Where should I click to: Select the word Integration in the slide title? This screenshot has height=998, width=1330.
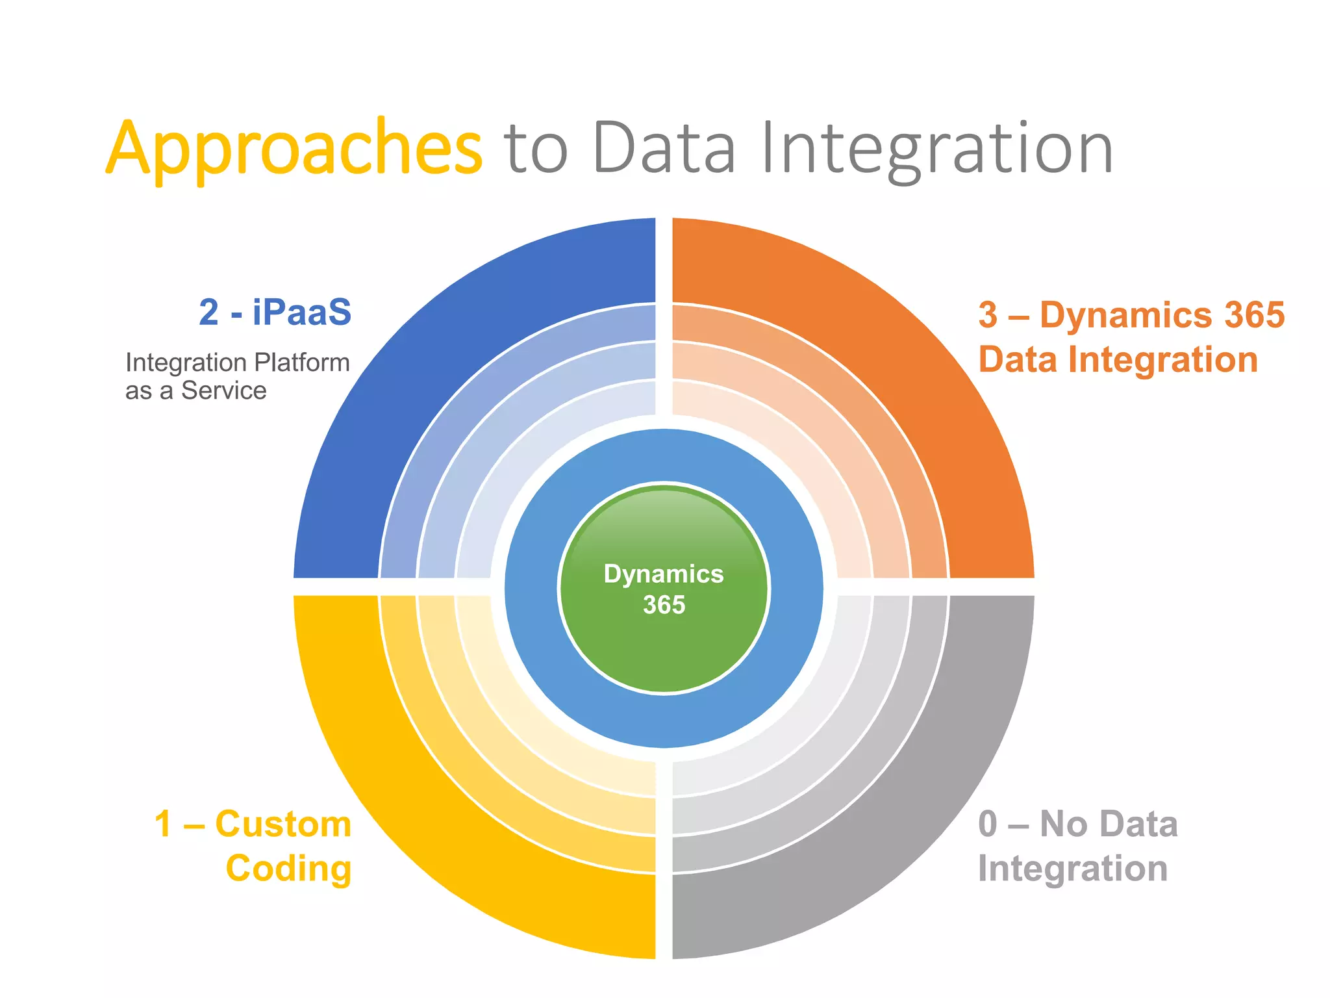936,149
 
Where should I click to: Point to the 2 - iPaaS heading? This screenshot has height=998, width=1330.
275,312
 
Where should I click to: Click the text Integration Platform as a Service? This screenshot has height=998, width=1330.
237,376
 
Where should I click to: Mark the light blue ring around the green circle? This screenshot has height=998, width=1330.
664,721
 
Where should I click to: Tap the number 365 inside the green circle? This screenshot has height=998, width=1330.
664,605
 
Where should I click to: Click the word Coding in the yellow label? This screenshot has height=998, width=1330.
288,869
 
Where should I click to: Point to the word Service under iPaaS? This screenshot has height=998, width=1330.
223,391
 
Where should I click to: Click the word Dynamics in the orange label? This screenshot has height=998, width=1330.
1125,314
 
